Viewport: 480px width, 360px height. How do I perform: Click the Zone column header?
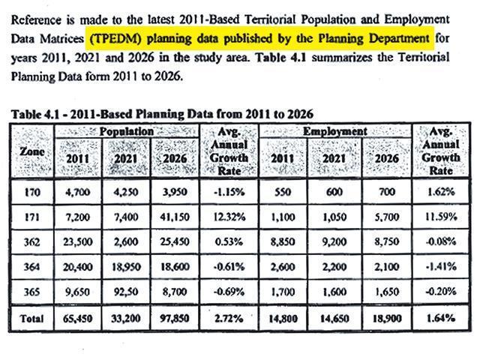pos(31,151)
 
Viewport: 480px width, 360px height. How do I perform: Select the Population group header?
pos(127,131)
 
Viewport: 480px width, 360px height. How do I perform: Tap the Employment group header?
pos(335,131)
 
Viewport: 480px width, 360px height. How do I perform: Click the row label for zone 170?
pos(32,192)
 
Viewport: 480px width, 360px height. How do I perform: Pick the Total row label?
pos(31,319)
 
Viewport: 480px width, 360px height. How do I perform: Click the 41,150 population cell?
pos(175,217)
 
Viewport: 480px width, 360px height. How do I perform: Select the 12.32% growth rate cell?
pos(229,217)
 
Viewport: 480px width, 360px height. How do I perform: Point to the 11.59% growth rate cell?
pos(441,217)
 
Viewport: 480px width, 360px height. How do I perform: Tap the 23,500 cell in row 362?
pos(78,242)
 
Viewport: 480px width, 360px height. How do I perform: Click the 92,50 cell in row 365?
pos(125,292)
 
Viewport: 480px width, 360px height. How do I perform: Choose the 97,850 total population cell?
pos(175,319)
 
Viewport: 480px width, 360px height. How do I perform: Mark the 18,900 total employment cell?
pos(387,319)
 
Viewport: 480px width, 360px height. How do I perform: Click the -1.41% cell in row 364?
pos(441,267)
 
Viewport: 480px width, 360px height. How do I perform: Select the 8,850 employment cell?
pos(283,242)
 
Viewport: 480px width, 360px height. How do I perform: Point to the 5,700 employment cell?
pos(387,217)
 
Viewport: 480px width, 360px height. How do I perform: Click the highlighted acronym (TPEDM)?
pos(115,39)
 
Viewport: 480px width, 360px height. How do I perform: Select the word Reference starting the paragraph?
pos(36,20)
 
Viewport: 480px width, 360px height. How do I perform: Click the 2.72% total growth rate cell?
pos(229,319)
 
